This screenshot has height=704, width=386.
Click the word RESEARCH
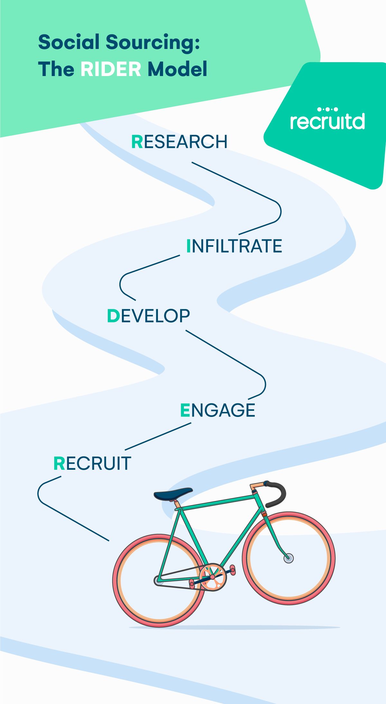coord(179,142)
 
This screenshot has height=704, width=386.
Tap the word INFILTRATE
coord(234,246)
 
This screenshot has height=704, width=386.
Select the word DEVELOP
coord(149,316)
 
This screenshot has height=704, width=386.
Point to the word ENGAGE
coord(218,410)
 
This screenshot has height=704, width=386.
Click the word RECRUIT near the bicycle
coord(92,463)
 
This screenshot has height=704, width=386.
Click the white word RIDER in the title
coord(111,69)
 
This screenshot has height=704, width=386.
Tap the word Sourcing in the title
coord(152,42)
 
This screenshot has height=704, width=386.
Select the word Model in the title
coord(178,69)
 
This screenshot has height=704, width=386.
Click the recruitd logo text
coord(327,121)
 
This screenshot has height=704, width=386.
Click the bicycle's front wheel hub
coord(289,558)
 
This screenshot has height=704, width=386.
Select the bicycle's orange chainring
coord(213,577)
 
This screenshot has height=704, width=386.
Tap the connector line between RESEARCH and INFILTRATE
coord(235,182)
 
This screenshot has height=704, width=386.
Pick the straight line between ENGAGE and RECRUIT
coord(158,436)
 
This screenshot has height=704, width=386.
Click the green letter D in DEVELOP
coord(114,316)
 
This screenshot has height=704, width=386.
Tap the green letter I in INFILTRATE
coord(189,246)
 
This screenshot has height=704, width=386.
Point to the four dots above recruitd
coord(327,110)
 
